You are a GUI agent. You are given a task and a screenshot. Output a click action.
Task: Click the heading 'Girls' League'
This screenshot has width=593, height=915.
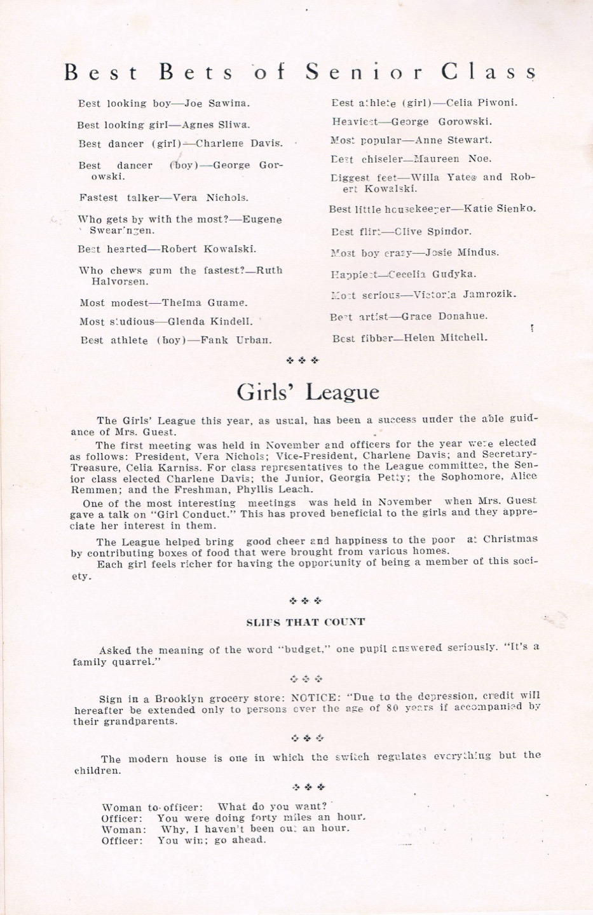[308, 391]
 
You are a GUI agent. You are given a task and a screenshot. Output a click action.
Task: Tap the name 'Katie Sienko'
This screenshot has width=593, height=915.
[500, 208]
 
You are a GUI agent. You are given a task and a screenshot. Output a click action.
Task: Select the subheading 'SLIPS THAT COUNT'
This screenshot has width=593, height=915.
[305, 623]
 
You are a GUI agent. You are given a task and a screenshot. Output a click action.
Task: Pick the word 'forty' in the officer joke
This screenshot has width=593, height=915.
[264, 818]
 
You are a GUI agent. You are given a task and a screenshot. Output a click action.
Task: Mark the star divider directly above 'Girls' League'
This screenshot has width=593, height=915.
[304, 361]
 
